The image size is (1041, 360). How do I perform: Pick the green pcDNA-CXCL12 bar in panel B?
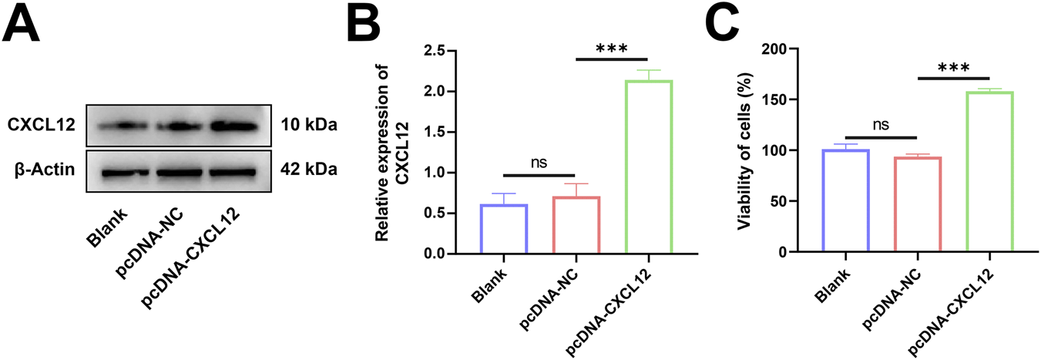pyautogui.click(x=649, y=167)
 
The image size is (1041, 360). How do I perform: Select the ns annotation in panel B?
pyautogui.click(x=539, y=163)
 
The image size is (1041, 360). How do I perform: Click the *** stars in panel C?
pyautogui.click(x=953, y=67)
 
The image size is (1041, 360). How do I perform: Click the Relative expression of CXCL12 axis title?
pyautogui.click(x=394, y=152)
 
